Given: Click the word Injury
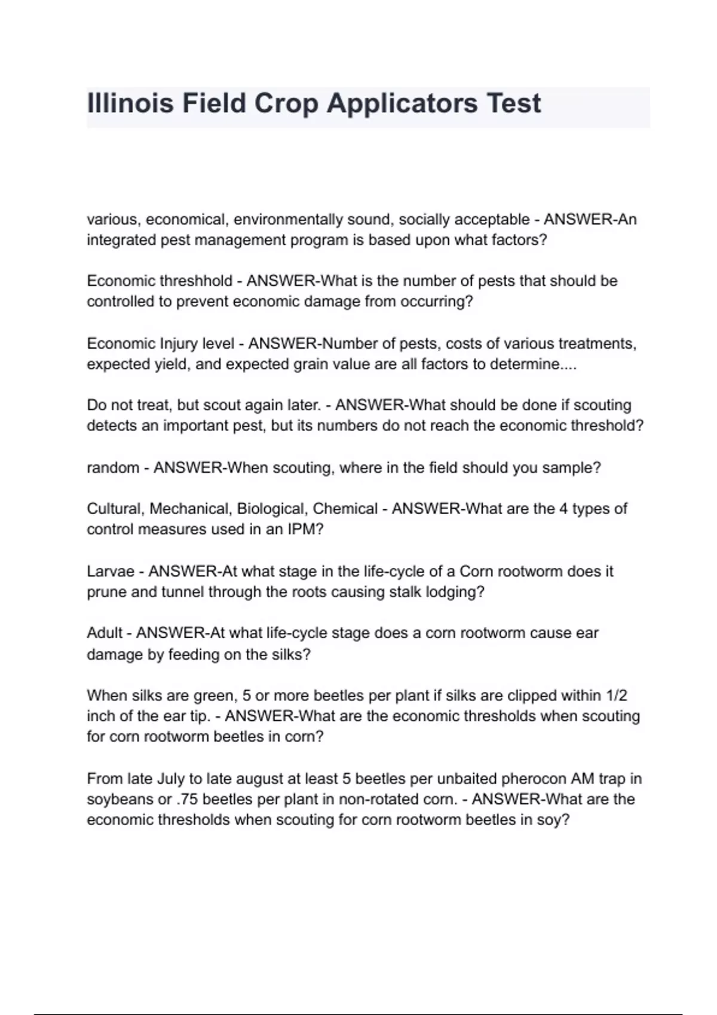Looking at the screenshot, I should tap(179, 343).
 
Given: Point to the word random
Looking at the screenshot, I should tap(113, 467).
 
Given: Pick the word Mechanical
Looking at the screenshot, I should tap(189, 509).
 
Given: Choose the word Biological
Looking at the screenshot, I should tap(272, 509).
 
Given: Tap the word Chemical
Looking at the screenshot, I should tap(345, 509).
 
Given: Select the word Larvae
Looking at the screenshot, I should tap(111, 571).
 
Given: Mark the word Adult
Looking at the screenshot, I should tap(105, 633).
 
